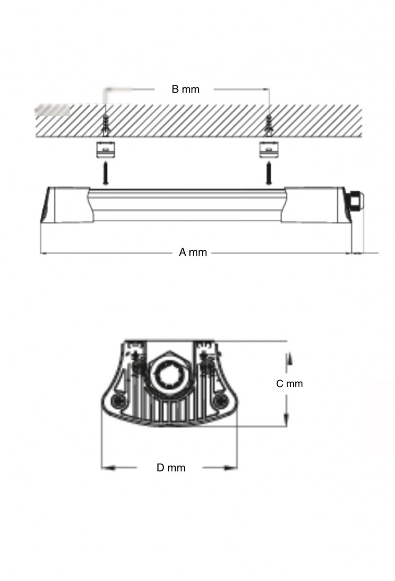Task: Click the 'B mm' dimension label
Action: [x=186, y=89]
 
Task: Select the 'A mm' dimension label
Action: [x=193, y=252]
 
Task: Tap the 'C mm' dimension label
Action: [x=290, y=383]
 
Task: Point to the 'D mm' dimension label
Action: [x=171, y=468]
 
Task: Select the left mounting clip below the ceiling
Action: [x=106, y=149]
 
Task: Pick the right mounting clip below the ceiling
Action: [x=269, y=149]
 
